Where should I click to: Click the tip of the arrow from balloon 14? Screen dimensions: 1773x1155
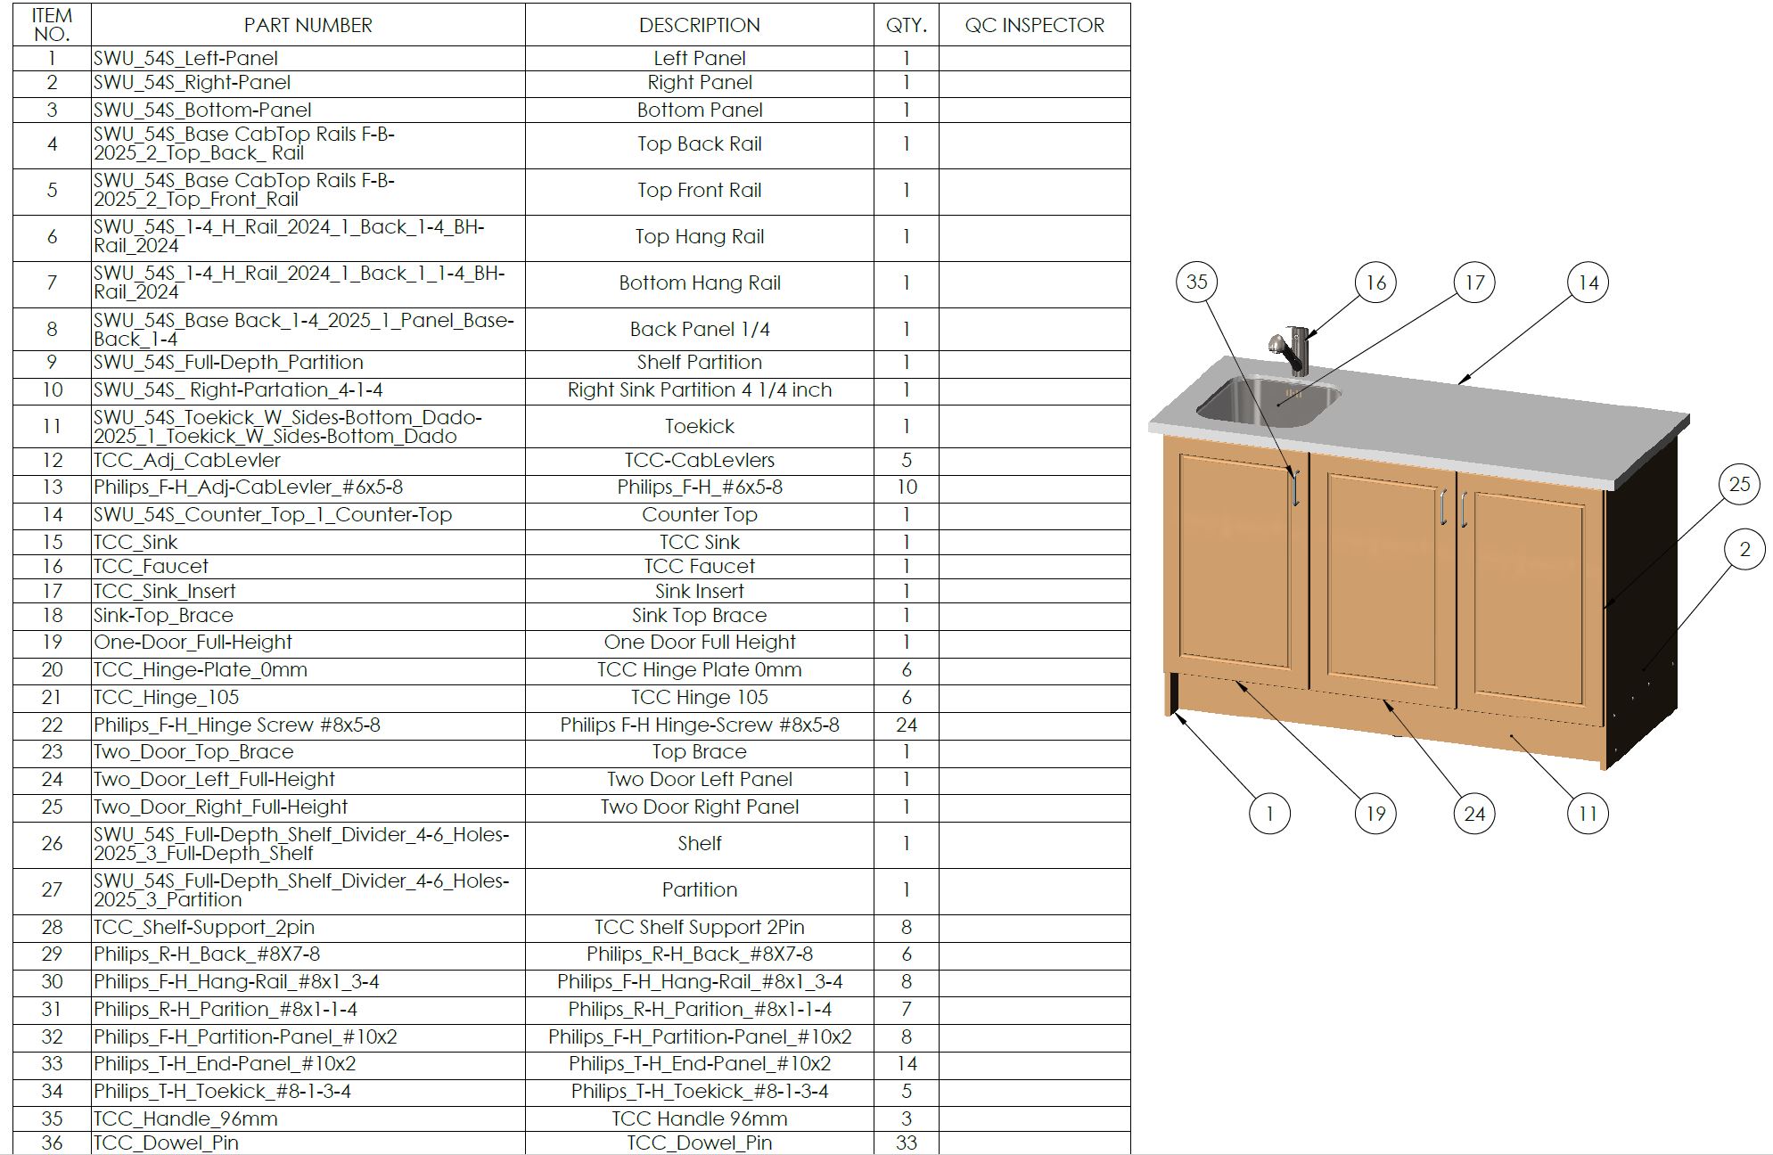coord(1458,383)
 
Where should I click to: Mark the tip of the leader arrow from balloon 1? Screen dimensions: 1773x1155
coord(1175,711)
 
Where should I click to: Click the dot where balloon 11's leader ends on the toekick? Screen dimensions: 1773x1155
coord(1512,736)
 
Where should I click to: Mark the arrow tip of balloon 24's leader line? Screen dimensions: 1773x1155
coord(1383,700)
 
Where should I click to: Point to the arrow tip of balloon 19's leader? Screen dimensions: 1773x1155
coord(1235,682)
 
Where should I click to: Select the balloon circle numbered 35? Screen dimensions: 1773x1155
coord(1196,282)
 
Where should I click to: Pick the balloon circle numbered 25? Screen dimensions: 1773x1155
coord(1739,484)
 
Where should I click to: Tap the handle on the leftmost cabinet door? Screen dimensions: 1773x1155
coord(1295,488)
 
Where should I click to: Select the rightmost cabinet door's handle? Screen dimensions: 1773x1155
coord(1463,508)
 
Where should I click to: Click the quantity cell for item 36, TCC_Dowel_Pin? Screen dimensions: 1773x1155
coord(906,1143)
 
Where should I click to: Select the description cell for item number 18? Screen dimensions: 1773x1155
coord(700,616)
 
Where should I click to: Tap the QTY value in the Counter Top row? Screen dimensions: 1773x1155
coord(906,515)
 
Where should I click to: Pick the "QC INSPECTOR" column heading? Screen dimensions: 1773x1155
coord(1034,25)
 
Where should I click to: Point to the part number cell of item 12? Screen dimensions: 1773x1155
coord(308,461)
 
